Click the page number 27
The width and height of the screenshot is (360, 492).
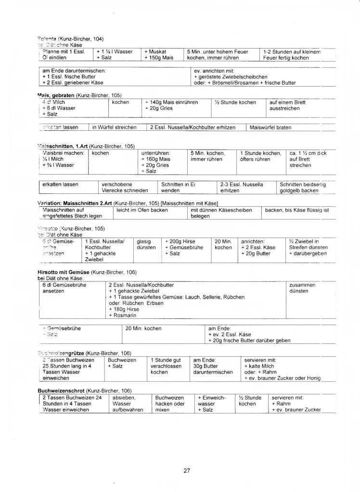point(187,471)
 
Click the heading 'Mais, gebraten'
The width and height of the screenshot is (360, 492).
point(56,96)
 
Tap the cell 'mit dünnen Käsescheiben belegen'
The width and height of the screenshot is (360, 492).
point(223,213)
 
